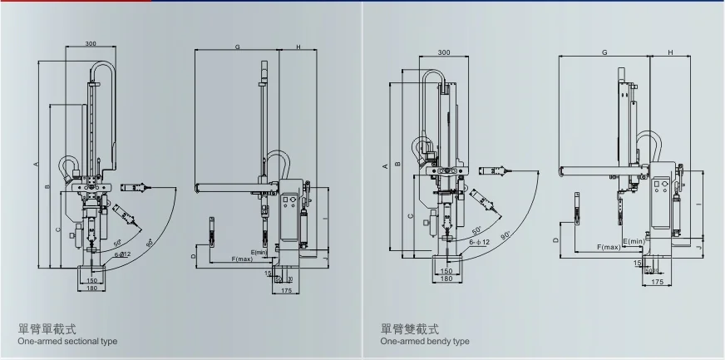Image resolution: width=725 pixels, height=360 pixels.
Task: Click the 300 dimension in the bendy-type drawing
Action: coord(444,53)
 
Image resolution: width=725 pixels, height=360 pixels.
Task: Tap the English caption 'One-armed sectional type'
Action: coord(67,342)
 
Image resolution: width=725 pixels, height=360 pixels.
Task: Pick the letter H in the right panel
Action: coord(670,53)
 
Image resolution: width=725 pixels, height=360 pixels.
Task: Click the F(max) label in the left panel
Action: coord(242,259)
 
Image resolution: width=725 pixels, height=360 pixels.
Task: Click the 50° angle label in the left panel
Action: coord(118,243)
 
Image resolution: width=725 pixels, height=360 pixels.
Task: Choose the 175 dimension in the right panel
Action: coord(658,283)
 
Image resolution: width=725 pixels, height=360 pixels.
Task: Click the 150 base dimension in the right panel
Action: coord(446,271)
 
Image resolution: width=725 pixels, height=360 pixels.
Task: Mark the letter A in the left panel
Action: coord(36,165)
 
